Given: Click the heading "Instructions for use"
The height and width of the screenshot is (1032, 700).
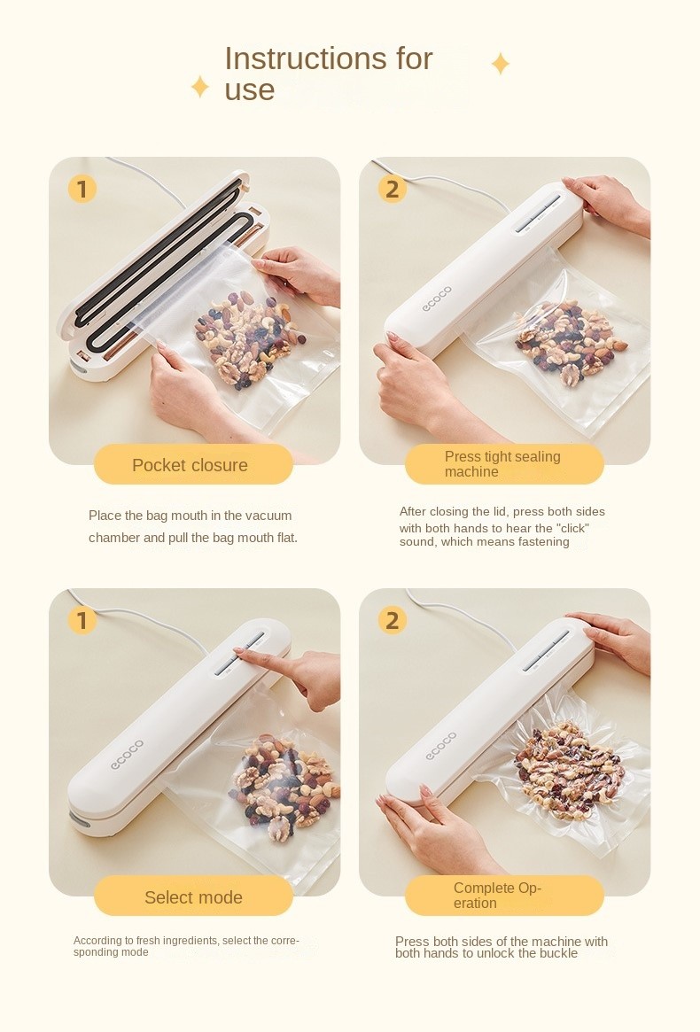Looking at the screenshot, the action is pos(328,74).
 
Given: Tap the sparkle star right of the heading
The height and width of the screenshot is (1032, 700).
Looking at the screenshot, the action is pos(501,64).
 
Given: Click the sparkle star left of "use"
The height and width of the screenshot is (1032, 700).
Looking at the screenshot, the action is pos(199,86).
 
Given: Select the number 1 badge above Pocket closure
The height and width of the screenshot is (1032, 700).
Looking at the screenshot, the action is pos(82,189).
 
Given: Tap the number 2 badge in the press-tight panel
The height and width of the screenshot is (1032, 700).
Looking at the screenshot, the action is pos(392,189).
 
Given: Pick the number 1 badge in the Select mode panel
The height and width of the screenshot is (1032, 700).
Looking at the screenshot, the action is pos(82,620).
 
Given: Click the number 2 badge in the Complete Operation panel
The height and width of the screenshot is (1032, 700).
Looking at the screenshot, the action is pos(392,620).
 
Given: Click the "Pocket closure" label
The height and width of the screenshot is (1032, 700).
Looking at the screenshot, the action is pos(190,465).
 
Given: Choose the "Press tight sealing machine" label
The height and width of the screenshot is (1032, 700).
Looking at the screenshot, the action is pos(502,464).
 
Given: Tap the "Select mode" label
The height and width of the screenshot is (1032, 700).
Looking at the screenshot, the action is pos(193,897).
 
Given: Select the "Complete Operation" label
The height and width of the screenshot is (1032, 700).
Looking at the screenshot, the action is pos(497,895).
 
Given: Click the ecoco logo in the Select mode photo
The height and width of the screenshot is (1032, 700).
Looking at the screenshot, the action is pos(127,754).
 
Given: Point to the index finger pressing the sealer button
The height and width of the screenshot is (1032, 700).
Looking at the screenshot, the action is pos(257,657).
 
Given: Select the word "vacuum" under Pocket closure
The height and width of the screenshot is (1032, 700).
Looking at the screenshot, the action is pos(267,516).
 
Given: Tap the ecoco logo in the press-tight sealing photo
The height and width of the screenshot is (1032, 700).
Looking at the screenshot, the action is pos(438,299).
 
